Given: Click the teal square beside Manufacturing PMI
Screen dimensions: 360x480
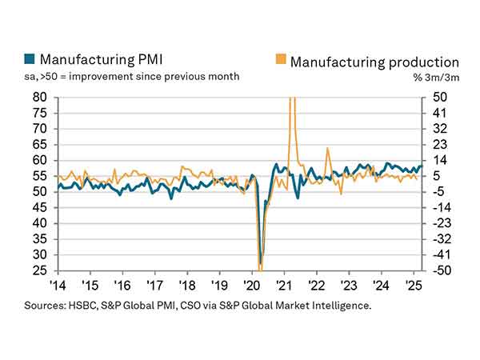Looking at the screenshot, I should click(x=30, y=59).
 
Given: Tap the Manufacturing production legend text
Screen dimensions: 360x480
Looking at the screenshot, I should click(x=374, y=61).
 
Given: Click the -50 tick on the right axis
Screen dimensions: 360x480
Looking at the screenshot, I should click(x=439, y=270).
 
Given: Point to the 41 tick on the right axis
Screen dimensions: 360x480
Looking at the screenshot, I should click(x=439, y=113).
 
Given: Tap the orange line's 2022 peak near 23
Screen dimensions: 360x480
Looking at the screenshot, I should click(x=327, y=149).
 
